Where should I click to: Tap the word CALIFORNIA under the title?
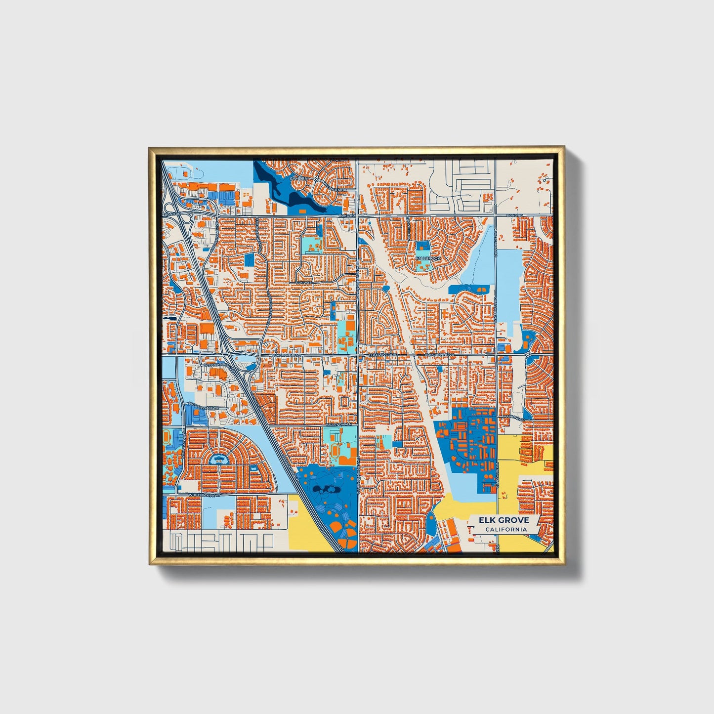[505, 530]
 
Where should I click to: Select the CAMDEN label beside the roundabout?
[299, 178]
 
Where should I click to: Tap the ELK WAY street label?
[305, 283]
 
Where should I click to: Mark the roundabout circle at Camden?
[316, 180]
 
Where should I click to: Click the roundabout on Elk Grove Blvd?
[528, 354]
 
